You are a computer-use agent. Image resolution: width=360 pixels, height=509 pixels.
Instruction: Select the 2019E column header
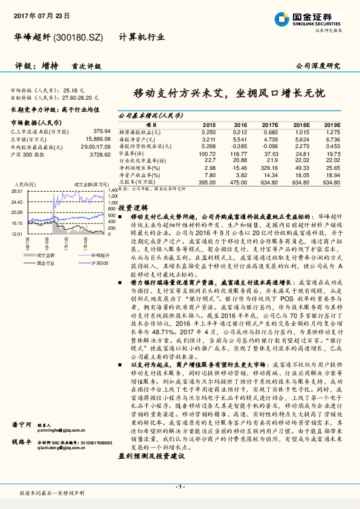[332, 123]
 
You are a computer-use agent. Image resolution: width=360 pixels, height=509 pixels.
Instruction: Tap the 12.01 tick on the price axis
[16, 233]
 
